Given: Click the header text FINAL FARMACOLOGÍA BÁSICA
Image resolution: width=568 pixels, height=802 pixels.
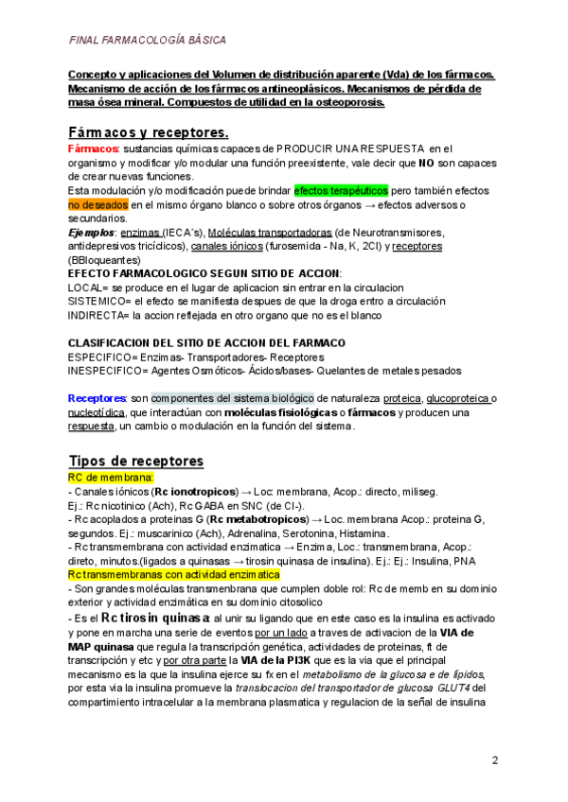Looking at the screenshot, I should (x=148, y=41).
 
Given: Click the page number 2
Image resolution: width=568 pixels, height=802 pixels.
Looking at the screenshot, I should (x=494, y=760).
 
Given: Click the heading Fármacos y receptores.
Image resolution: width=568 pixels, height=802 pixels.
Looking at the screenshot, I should (x=149, y=132).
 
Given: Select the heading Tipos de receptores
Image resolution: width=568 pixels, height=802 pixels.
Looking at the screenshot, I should (x=136, y=461).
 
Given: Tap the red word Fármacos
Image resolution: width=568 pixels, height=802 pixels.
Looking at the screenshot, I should (x=93, y=149).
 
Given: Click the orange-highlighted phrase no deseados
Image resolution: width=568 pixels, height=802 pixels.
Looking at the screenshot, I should (x=98, y=204).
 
